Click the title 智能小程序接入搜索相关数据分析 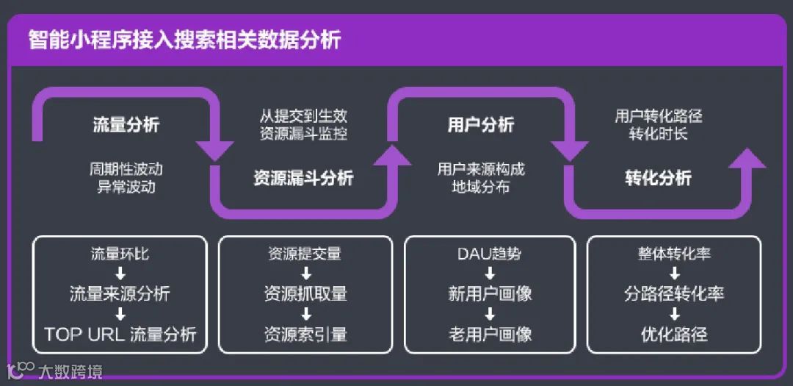(x=184, y=39)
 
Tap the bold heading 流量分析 (x=126, y=124)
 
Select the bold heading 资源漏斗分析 (x=303, y=177)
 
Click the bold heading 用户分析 (x=481, y=124)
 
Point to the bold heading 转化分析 (x=658, y=177)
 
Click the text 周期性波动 (x=126, y=168)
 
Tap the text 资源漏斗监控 (x=303, y=134)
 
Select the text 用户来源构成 (x=481, y=168)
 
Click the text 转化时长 (x=658, y=134)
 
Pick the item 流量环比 (x=120, y=254)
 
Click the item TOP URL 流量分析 (x=120, y=335)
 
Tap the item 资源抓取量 (x=305, y=294)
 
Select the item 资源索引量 (x=305, y=335)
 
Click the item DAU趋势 (x=490, y=254)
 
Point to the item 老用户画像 (x=490, y=335)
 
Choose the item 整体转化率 (x=674, y=254)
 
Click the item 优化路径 (x=674, y=335)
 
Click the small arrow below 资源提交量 (x=305, y=274)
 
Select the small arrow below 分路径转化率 (x=674, y=315)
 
